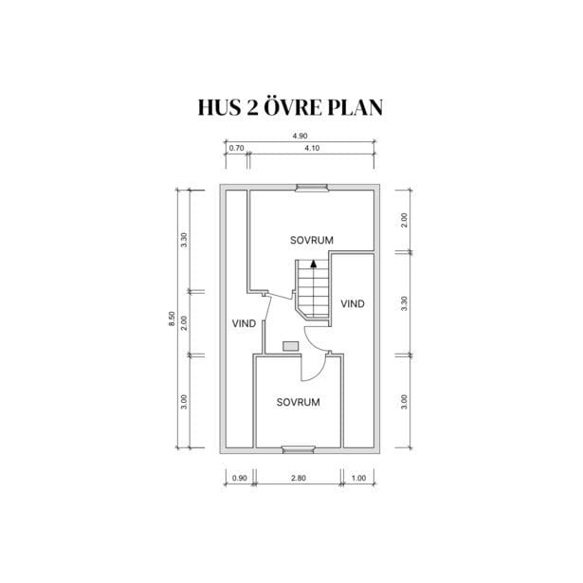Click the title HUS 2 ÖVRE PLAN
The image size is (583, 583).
pos(290,107)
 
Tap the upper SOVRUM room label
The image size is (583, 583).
pos(312,240)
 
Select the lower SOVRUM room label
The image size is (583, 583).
pos(299,402)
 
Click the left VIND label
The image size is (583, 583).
pos(244,323)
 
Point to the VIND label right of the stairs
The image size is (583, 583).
pos(353,303)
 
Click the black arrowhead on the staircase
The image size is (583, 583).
pos(314,264)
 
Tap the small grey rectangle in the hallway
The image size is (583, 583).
pos(290,346)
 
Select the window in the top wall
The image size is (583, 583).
pos(312,188)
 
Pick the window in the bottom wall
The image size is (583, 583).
pos(299,450)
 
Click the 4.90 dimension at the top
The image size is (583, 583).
pos(300,137)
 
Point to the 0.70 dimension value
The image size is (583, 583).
pos(236,148)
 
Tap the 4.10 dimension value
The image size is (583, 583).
pos(312,148)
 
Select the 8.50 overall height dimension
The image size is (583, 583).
pos(172,319)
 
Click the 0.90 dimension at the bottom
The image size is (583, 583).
pos(240,478)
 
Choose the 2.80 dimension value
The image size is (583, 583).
pos(299,478)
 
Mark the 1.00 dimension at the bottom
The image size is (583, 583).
pos(358,478)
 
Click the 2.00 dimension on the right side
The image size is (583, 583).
pos(405,221)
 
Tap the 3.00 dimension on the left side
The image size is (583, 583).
pos(184,402)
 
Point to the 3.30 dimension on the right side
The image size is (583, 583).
pos(405,303)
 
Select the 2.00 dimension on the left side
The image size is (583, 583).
pos(184,323)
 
